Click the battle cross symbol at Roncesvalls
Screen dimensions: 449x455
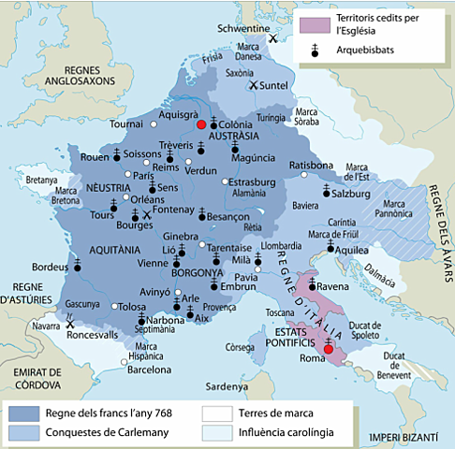70,325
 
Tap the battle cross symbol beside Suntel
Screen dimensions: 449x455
253,85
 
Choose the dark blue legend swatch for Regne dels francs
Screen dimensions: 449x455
33,413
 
